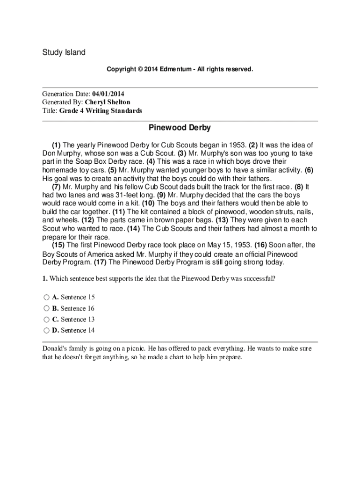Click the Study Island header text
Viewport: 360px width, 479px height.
pos(64,52)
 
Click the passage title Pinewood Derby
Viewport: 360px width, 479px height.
pos(180,128)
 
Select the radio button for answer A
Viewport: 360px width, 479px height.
pos(46,298)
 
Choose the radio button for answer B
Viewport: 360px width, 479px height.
pos(46,309)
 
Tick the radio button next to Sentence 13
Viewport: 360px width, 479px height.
pos(46,319)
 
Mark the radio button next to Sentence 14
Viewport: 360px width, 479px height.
pos(46,331)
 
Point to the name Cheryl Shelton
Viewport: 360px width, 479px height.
pos(114,102)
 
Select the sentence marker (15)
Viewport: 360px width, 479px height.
pos(58,245)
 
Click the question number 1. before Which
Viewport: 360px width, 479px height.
pos(45,279)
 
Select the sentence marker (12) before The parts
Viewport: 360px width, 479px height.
pos(88,220)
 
